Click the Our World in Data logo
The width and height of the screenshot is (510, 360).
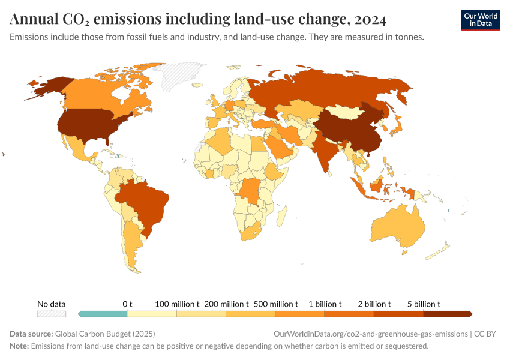(x=480, y=20)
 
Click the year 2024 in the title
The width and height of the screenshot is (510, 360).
(x=371, y=19)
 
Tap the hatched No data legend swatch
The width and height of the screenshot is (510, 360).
(x=51, y=313)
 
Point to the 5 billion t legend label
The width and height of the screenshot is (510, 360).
(x=423, y=304)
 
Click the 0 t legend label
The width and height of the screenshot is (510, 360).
(x=127, y=304)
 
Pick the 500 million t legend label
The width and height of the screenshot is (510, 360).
(x=275, y=304)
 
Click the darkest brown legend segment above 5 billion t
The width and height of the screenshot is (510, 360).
(x=447, y=313)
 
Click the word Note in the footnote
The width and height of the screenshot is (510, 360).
(x=19, y=346)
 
